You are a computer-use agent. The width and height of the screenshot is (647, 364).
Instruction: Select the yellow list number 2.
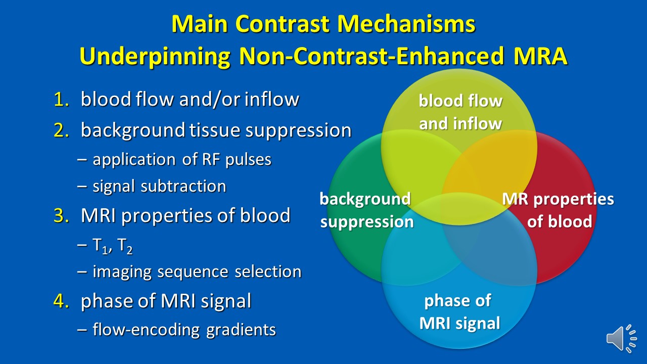[x=61, y=130]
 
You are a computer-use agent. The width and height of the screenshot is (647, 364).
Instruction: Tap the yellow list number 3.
[x=61, y=215]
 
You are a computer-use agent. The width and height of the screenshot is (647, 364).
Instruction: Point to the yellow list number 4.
[x=61, y=301]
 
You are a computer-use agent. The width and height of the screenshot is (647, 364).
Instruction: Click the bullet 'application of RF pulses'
[x=181, y=159]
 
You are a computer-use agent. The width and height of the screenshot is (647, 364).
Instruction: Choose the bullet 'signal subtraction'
[x=159, y=187]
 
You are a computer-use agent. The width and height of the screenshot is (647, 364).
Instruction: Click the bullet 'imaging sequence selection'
[x=197, y=272]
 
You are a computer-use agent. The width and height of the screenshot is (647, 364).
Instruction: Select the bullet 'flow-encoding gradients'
[x=184, y=330]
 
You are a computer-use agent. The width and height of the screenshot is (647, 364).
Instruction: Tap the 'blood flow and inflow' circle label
[x=460, y=112]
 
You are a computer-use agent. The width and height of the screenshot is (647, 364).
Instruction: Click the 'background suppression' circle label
[x=366, y=210]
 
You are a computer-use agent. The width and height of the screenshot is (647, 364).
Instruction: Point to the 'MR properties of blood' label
[x=558, y=210]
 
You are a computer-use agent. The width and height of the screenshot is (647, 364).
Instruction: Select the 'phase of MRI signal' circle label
[x=459, y=312]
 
